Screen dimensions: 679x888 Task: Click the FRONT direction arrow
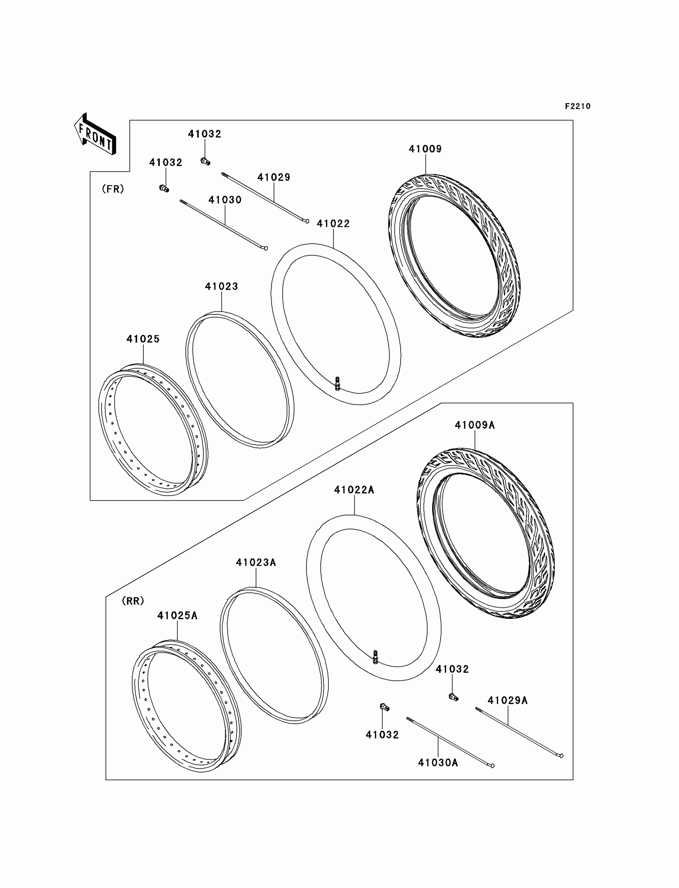coord(95,135)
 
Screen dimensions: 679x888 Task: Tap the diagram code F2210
coord(578,106)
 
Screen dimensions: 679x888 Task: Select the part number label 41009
coord(425,149)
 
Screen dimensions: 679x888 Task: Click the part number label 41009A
coord(475,425)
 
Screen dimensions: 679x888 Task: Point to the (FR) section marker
coord(113,189)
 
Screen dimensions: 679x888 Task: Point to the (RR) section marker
coord(133,601)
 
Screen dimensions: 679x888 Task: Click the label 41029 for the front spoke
coord(274,177)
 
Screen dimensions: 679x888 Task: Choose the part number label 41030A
coord(438,763)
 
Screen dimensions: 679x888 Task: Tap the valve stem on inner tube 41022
coord(338,383)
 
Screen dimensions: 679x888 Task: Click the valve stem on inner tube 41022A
coord(376,657)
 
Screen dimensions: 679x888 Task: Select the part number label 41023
coord(222,286)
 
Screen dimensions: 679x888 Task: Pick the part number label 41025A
coord(177,616)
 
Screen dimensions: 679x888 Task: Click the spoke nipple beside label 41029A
coord(453,697)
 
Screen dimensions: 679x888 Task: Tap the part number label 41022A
coord(354,490)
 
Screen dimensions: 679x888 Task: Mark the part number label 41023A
coord(256,562)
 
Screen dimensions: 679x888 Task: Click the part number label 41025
coord(143,339)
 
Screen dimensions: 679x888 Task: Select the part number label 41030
coord(225,200)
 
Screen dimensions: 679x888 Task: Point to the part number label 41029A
coord(508,701)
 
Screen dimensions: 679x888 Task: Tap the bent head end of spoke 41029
coord(307,221)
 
